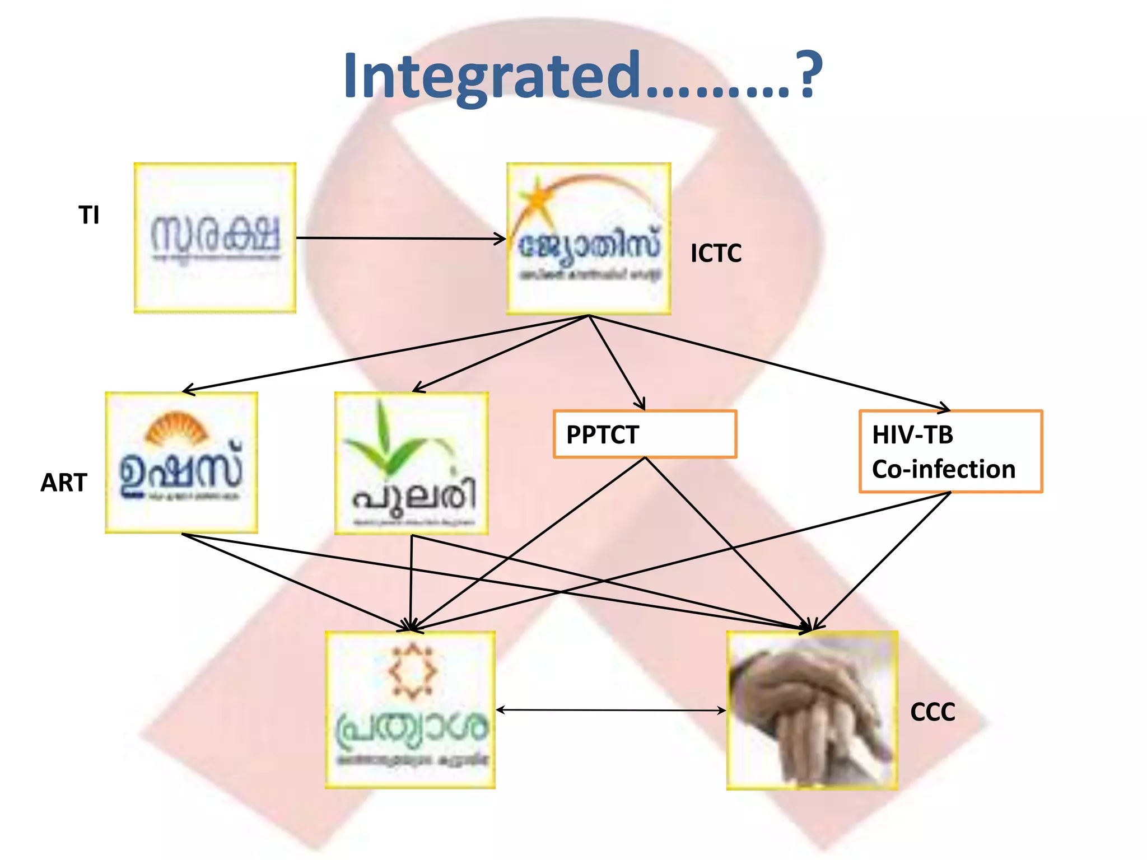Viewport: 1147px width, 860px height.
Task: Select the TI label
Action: pyautogui.click(x=89, y=215)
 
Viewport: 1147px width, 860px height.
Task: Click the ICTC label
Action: pyautogui.click(x=716, y=253)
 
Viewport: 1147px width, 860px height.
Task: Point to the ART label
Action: pyautogui.click(x=64, y=482)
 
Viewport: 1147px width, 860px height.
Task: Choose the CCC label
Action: pyautogui.click(x=932, y=712)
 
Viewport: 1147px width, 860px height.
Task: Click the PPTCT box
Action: pyautogui.click(x=645, y=434)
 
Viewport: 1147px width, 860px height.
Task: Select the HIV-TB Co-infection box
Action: pyautogui.click(x=950, y=451)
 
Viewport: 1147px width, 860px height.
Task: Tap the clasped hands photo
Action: pyautogui.click(x=812, y=710)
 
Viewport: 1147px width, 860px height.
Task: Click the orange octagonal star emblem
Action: pyautogui.click(x=413, y=671)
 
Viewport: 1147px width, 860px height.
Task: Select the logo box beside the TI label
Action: pyautogui.click(x=215, y=238)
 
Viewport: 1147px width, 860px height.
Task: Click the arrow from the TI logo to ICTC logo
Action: pyautogui.click(x=400, y=239)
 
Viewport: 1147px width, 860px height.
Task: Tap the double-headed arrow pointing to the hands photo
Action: pyautogui.click(x=610, y=710)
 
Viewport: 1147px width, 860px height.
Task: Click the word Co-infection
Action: pyautogui.click(x=944, y=469)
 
